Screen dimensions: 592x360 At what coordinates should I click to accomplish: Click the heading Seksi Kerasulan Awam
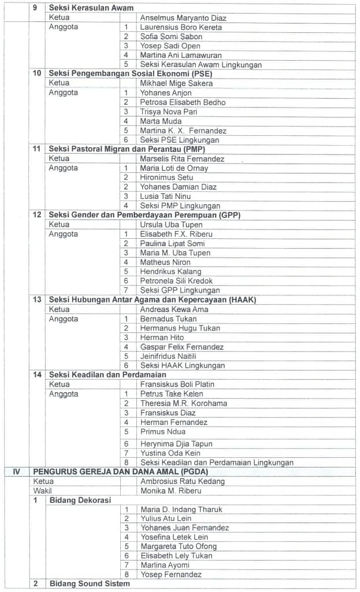[91, 8]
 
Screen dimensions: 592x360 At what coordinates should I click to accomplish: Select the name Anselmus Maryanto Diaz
[183, 18]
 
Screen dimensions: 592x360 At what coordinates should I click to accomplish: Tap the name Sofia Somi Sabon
[171, 36]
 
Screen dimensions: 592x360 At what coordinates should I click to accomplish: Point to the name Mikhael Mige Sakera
[176, 83]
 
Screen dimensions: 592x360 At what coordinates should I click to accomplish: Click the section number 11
[37, 149]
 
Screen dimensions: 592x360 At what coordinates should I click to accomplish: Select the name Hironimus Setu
[166, 177]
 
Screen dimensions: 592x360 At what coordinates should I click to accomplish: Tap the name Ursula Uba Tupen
[171, 224]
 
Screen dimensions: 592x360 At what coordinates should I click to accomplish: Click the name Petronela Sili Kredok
[176, 281]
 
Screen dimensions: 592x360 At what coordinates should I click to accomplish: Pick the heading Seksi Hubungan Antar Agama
[153, 299]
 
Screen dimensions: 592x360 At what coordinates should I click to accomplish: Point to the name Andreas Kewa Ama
[174, 309]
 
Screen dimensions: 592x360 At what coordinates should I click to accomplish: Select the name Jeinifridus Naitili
[168, 356]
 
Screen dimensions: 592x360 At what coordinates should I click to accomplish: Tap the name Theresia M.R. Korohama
[183, 403]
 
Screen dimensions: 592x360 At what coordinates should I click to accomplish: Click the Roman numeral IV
[17, 472]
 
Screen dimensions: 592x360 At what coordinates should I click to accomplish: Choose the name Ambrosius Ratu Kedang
[183, 481]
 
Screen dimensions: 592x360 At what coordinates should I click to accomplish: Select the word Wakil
[43, 490]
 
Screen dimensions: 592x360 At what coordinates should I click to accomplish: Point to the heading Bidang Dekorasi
[80, 499]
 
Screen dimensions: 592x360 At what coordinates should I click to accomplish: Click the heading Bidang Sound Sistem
[90, 583]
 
